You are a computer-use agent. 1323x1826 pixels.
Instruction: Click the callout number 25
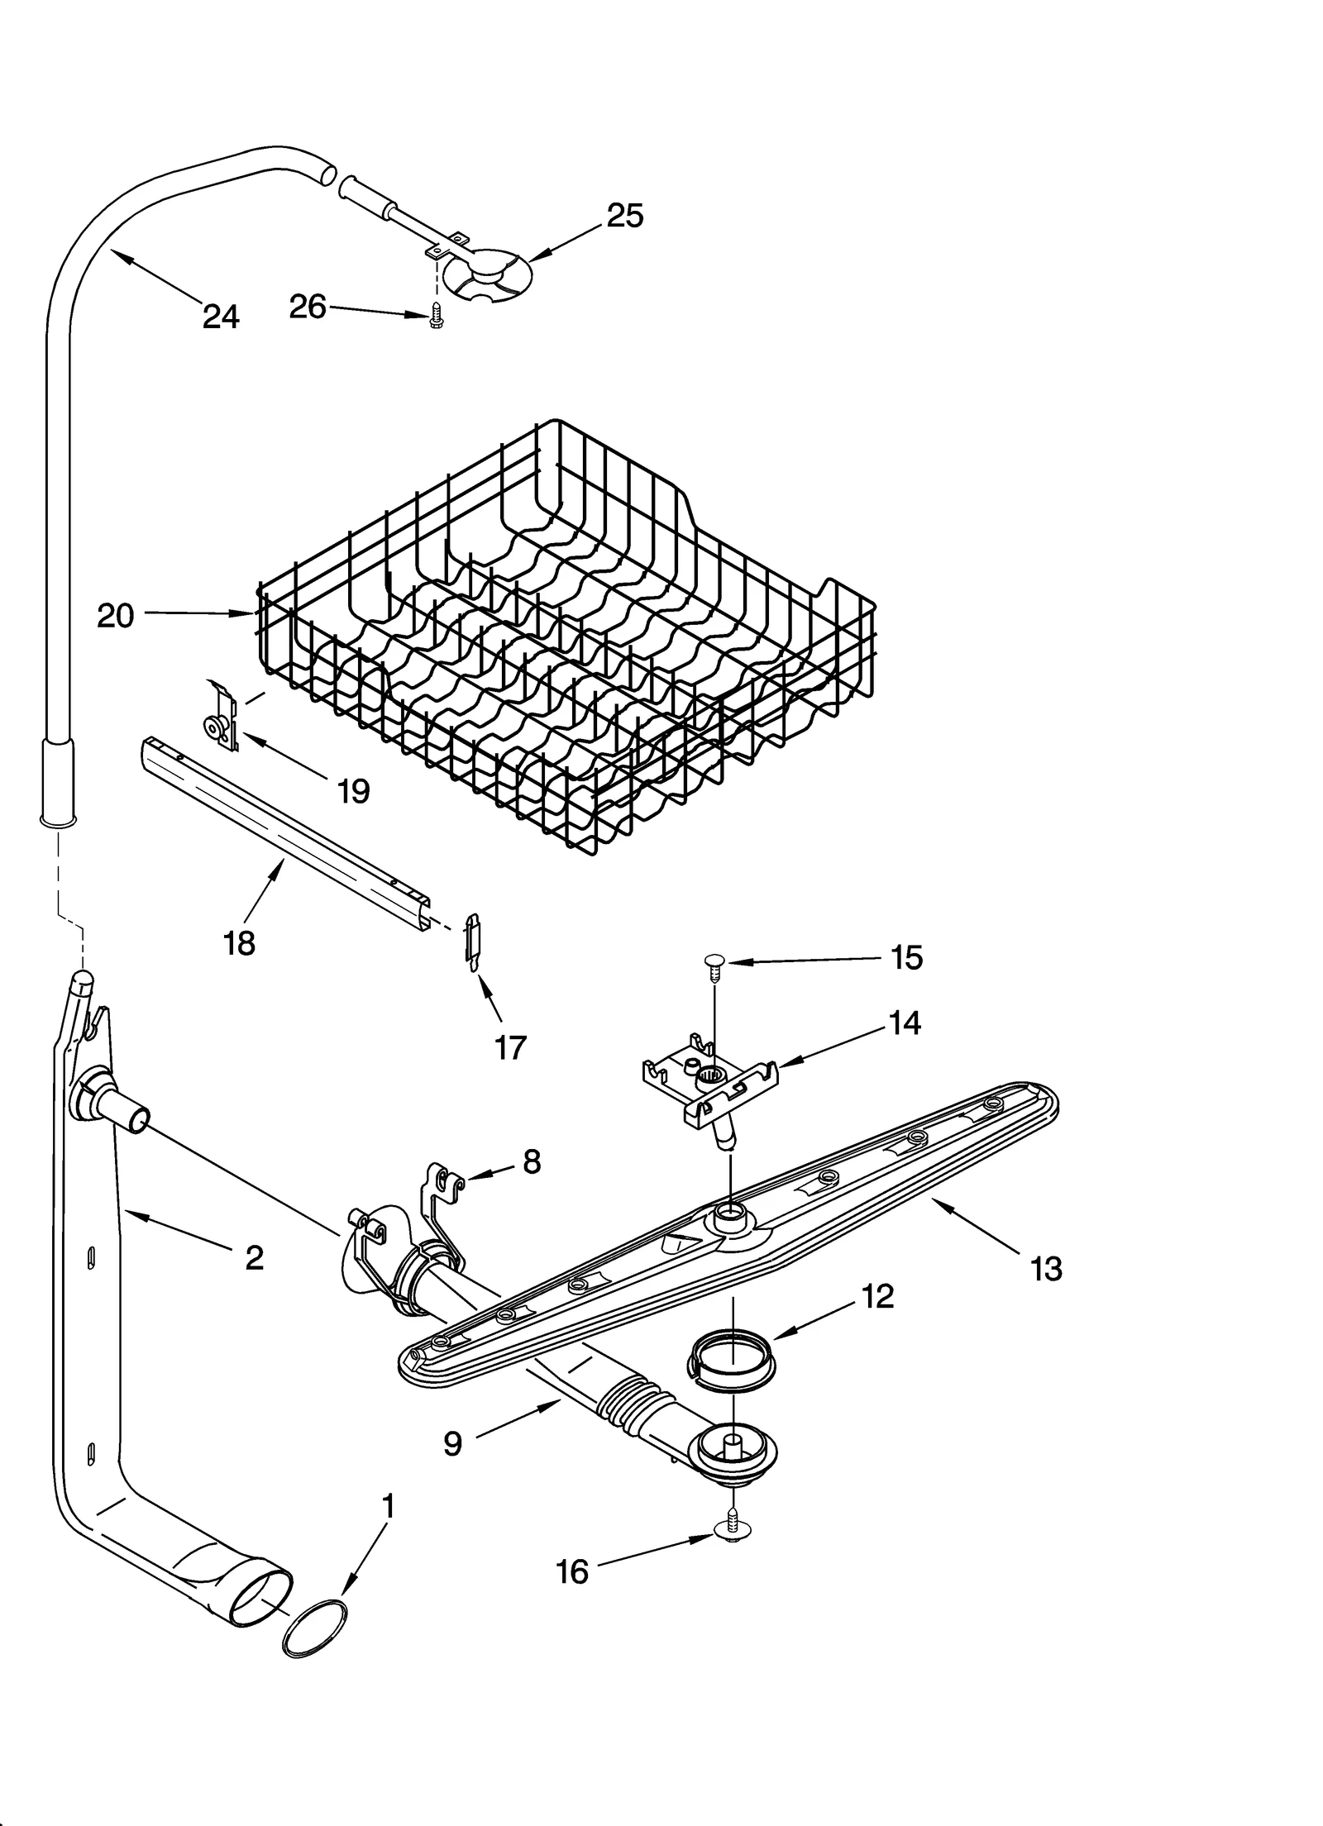tap(624, 216)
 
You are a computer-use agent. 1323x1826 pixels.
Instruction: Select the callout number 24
tap(221, 317)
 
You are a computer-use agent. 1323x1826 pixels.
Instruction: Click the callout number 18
tap(239, 943)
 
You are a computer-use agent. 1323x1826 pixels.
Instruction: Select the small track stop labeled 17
tap(471, 942)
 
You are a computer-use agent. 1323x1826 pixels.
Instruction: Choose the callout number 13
tap(1046, 1268)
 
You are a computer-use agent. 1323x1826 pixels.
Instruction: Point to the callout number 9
tap(452, 1443)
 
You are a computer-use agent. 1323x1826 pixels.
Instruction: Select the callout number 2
tap(254, 1257)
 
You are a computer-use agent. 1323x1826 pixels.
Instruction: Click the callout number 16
tap(572, 1571)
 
